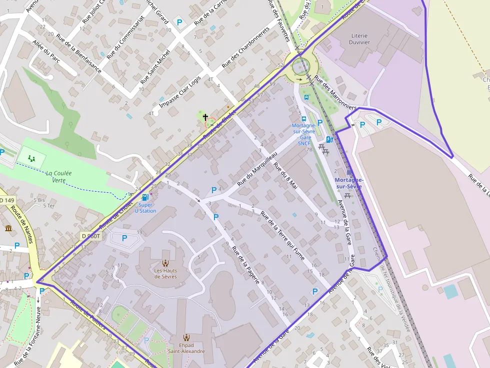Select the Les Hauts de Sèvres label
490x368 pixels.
(165, 274)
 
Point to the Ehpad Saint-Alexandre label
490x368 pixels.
(186, 348)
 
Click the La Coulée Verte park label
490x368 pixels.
(59, 176)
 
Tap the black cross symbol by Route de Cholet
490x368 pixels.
(205, 117)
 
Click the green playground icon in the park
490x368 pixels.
(32, 159)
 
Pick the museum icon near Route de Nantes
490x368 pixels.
(8, 228)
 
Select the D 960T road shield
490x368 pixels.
(91, 236)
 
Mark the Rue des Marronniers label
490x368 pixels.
(335, 92)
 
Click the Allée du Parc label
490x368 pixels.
(46, 51)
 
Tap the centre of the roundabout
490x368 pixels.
(300, 65)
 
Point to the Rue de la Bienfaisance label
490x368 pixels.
(79, 53)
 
